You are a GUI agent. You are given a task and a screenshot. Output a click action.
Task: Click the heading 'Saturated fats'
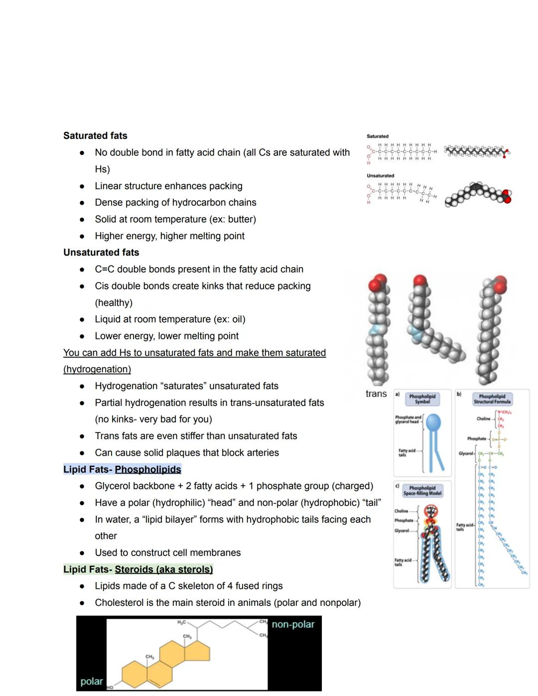95,136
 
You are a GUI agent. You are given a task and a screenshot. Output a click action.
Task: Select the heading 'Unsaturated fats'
101,252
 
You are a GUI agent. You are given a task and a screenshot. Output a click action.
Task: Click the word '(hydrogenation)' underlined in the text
97,369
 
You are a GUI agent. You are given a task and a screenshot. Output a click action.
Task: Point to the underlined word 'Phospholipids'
148,469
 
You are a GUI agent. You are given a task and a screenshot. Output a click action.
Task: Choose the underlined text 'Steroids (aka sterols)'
163,569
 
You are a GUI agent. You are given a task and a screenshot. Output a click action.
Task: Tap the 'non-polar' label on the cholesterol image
293,624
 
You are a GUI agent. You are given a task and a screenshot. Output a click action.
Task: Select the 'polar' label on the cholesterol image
92,681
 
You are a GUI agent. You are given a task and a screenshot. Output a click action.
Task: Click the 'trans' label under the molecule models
376,394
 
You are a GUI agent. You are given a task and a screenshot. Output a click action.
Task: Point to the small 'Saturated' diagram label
378,136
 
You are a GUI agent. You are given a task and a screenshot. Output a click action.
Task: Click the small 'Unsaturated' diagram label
380,175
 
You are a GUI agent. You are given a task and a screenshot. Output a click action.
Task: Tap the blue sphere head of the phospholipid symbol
433,422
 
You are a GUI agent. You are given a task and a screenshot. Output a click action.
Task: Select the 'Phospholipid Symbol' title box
422,399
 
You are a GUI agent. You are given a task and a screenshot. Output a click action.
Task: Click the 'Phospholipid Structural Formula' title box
492,399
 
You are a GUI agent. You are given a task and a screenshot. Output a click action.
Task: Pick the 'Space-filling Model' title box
422,491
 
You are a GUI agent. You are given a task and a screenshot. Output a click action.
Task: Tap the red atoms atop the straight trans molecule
378,282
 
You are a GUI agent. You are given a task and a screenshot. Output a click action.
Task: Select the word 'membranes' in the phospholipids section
216,553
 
